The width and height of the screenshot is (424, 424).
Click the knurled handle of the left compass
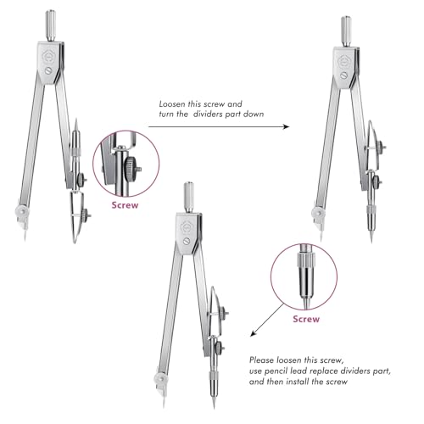coord(51,25)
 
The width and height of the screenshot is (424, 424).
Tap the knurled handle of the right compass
coord(346,31)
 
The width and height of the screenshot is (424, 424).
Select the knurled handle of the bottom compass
coord(189,198)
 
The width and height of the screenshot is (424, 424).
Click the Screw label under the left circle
coord(125,205)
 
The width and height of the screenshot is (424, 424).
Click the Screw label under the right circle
coord(306,319)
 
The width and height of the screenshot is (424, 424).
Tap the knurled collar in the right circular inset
coord(306,259)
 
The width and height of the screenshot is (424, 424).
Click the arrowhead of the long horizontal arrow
coord(286,126)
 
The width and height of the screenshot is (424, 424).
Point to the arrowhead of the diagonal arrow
coord(254,333)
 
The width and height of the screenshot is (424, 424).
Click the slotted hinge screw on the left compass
coord(48,70)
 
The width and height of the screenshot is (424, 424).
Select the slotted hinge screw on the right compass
coord(344,75)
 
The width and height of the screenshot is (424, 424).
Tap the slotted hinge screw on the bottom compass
coord(187,241)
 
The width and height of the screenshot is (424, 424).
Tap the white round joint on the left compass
coord(21,211)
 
